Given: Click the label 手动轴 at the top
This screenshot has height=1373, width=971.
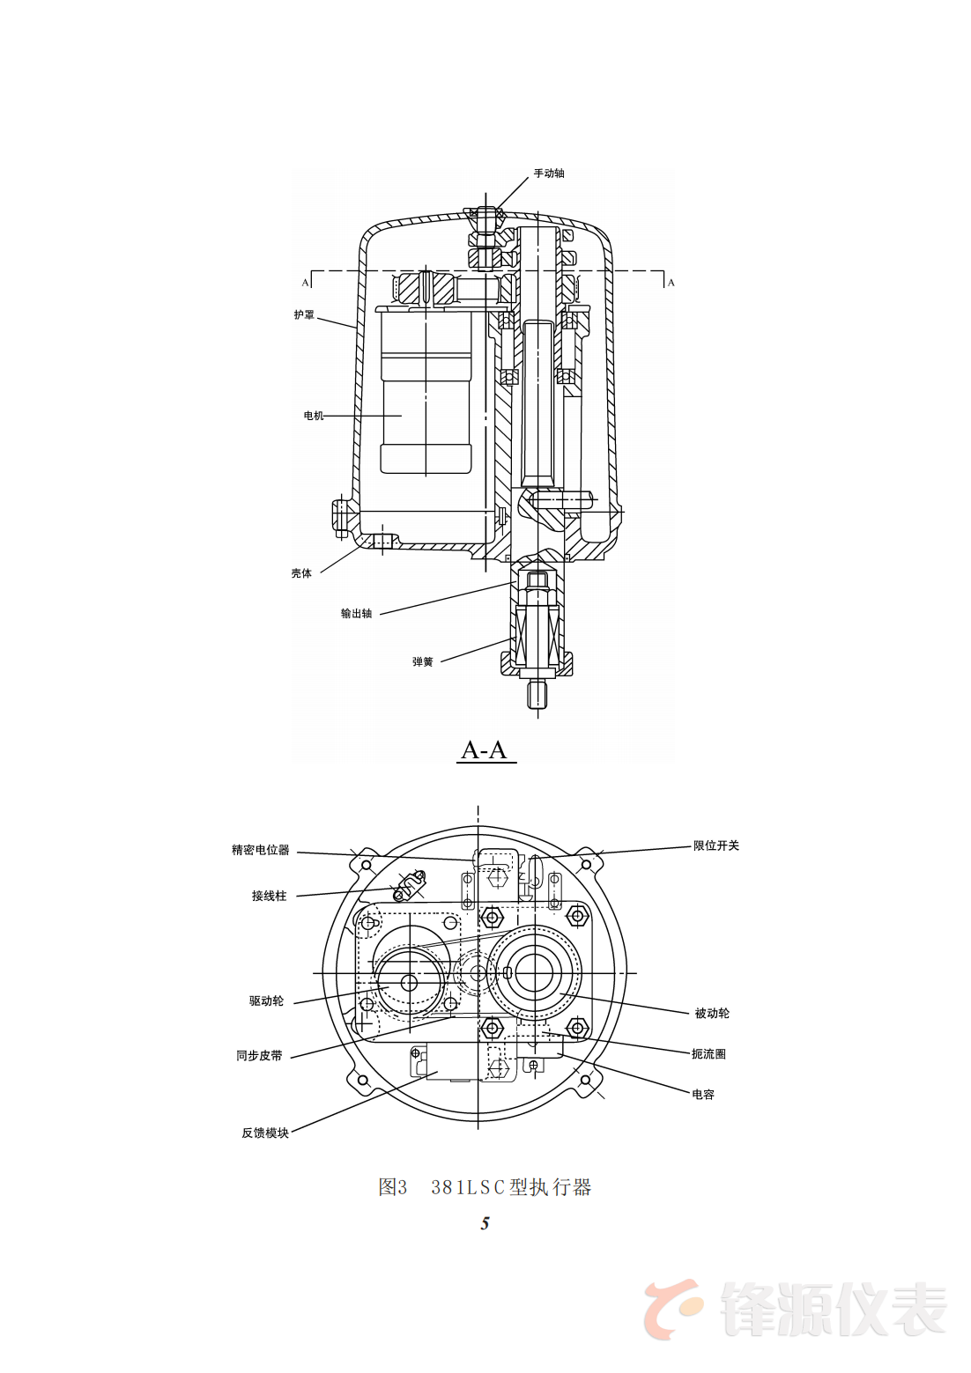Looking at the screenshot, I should click(x=548, y=173).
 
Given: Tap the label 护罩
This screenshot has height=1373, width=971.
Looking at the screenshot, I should click(x=304, y=314).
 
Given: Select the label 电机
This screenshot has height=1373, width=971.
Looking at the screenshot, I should click(x=314, y=416).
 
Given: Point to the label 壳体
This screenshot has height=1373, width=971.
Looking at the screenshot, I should click(x=301, y=573).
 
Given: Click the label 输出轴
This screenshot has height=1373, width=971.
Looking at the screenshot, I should click(x=356, y=614).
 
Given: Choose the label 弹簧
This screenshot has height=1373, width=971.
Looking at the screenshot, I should click(x=422, y=662).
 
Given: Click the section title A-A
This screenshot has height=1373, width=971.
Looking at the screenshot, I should click(x=485, y=750).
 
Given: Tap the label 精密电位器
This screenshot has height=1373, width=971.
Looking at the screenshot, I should click(x=260, y=850).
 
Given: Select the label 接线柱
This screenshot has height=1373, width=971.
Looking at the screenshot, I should click(x=269, y=896).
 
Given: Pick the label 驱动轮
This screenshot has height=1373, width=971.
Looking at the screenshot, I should click(x=266, y=1001).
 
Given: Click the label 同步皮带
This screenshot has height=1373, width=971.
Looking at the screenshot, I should click(x=259, y=1056).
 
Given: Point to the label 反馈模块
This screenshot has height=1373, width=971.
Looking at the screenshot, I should click(x=265, y=1133).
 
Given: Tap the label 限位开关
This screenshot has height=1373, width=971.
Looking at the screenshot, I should click(x=715, y=845).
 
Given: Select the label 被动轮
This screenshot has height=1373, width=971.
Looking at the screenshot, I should click(x=712, y=1014).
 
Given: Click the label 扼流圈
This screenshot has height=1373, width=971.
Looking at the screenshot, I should click(x=708, y=1054).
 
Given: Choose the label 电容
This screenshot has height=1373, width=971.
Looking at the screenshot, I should click(x=703, y=1095).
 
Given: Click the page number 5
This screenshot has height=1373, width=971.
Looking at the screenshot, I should click(x=485, y=1223).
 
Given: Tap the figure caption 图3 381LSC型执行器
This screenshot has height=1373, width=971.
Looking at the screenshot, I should click(x=485, y=1187).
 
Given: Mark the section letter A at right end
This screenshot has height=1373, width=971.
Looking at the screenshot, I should click(x=671, y=283).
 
